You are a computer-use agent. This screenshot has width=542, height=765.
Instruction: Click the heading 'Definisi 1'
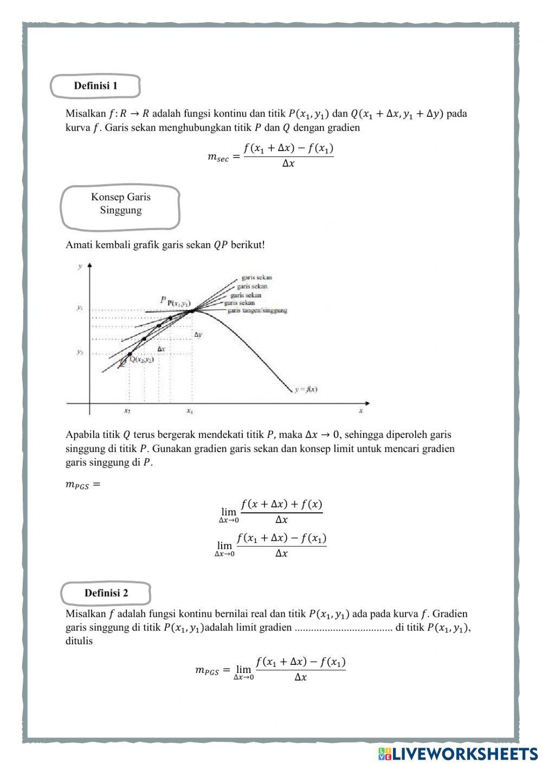click(x=95, y=86)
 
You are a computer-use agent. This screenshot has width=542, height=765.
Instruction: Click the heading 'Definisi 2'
click(x=106, y=593)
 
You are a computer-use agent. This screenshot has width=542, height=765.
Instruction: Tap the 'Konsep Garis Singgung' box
click(x=120, y=204)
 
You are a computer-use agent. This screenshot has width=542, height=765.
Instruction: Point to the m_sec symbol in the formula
click(x=218, y=157)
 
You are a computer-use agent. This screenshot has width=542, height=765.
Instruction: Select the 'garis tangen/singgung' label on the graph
click(x=257, y=311)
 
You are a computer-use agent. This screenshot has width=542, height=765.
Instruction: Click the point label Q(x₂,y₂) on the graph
click(x=141, y=359)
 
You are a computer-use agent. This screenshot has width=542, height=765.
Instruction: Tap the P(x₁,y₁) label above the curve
click(x=178, y=303)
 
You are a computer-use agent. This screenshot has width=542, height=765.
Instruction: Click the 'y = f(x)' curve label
click(x=306, y=389)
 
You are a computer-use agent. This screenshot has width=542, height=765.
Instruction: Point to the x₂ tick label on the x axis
click(x=127, y=411)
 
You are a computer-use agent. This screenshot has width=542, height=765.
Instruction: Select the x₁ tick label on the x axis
click(x=190, y=411)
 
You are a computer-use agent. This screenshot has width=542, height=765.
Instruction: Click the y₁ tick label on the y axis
click(x=80, y=308)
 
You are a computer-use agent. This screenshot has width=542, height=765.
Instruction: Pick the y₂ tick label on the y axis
click(x=80, y=352)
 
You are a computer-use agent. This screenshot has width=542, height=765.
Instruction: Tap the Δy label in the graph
click(x=198, y=335)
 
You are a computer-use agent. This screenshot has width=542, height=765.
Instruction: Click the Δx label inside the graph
click(x=161, y=349)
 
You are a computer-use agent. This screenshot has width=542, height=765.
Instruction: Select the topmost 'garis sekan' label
click(x=256, y=278)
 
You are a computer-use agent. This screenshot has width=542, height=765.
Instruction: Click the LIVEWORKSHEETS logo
click(x=458, y=753)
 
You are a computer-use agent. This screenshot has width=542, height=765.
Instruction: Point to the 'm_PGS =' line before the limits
click(x=83, y=485)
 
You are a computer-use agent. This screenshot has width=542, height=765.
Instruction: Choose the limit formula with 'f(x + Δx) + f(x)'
click(x=271, y=512)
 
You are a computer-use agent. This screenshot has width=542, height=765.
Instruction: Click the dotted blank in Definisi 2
click(x=343, y=629)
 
